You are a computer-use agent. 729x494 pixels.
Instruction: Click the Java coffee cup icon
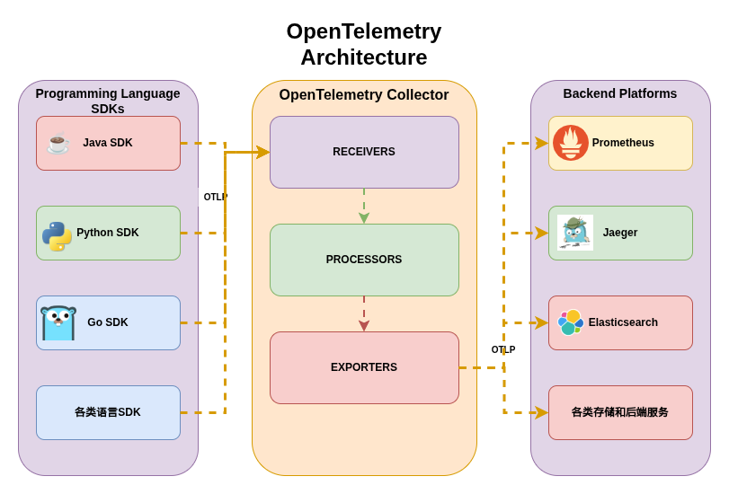(58, 144)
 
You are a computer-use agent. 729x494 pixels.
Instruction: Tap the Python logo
(57, 235)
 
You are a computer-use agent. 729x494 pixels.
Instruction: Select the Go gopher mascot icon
(58, 323)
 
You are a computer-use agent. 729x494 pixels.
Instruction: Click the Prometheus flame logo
(570, 143)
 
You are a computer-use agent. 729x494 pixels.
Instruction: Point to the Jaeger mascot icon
(574, 233)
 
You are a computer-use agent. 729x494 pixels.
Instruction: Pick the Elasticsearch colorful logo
(570, 322)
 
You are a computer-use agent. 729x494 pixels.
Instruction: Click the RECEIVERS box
(364, 152)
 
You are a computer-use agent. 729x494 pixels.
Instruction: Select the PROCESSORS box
(364, 260)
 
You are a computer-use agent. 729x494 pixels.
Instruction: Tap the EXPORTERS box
(364, 367)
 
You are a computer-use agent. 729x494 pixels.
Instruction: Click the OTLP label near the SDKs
(216, 197)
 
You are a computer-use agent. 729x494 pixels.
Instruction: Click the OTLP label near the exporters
(503, 349)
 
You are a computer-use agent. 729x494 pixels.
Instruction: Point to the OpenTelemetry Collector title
(364, 95)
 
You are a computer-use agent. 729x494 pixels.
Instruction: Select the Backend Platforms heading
(620, 93)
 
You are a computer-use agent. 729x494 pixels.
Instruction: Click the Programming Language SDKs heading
(108, 101)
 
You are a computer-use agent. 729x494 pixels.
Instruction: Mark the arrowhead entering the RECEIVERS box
(262, 152)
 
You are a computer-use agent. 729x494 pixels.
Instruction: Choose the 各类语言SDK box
(108, 412)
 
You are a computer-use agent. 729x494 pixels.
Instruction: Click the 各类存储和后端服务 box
(620, 412)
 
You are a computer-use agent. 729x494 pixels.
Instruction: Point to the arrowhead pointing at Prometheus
(541, 143)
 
